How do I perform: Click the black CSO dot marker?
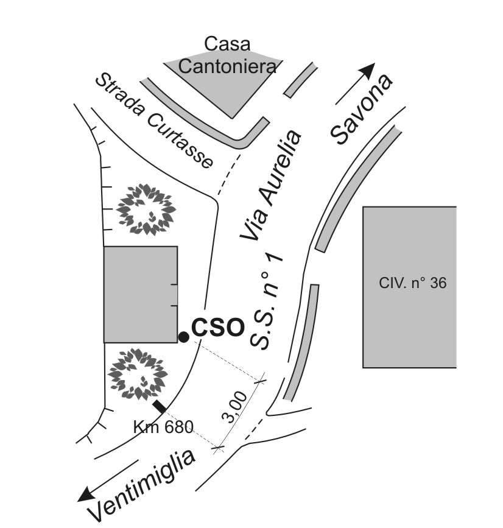click(183, 336)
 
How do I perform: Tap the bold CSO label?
click(217, 328)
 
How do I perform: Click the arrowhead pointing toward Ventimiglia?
click(87, 494)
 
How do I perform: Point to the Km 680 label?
click(163, 426)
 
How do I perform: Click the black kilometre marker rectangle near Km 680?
click(159, 406)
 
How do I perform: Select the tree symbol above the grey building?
click(146, 209)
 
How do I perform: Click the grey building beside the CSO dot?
click(140, 294)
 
